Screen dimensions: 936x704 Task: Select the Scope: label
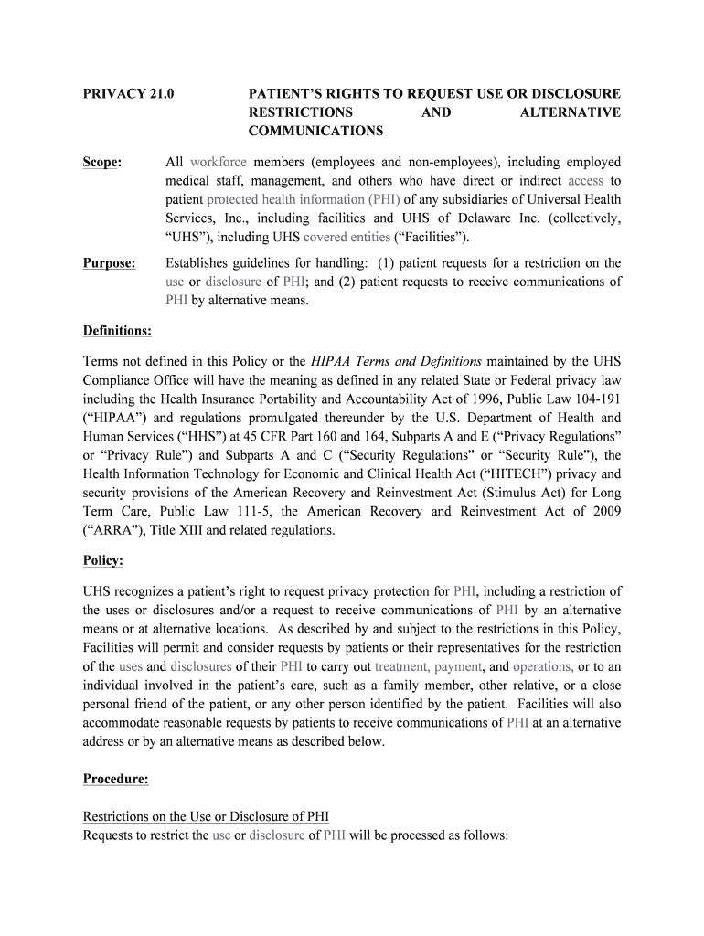[102, 162]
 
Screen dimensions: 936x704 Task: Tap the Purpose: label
[110, 263]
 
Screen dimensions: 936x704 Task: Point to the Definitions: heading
[117, 330]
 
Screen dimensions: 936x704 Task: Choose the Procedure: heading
[115, 779]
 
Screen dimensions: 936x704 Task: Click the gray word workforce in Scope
[219, 162]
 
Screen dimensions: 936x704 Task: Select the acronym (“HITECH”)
[502, 473]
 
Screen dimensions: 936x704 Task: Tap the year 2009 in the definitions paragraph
[603, 511]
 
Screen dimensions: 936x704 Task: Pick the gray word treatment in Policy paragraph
[401, 666]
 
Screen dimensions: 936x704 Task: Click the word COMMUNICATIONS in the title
[316, 132]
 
